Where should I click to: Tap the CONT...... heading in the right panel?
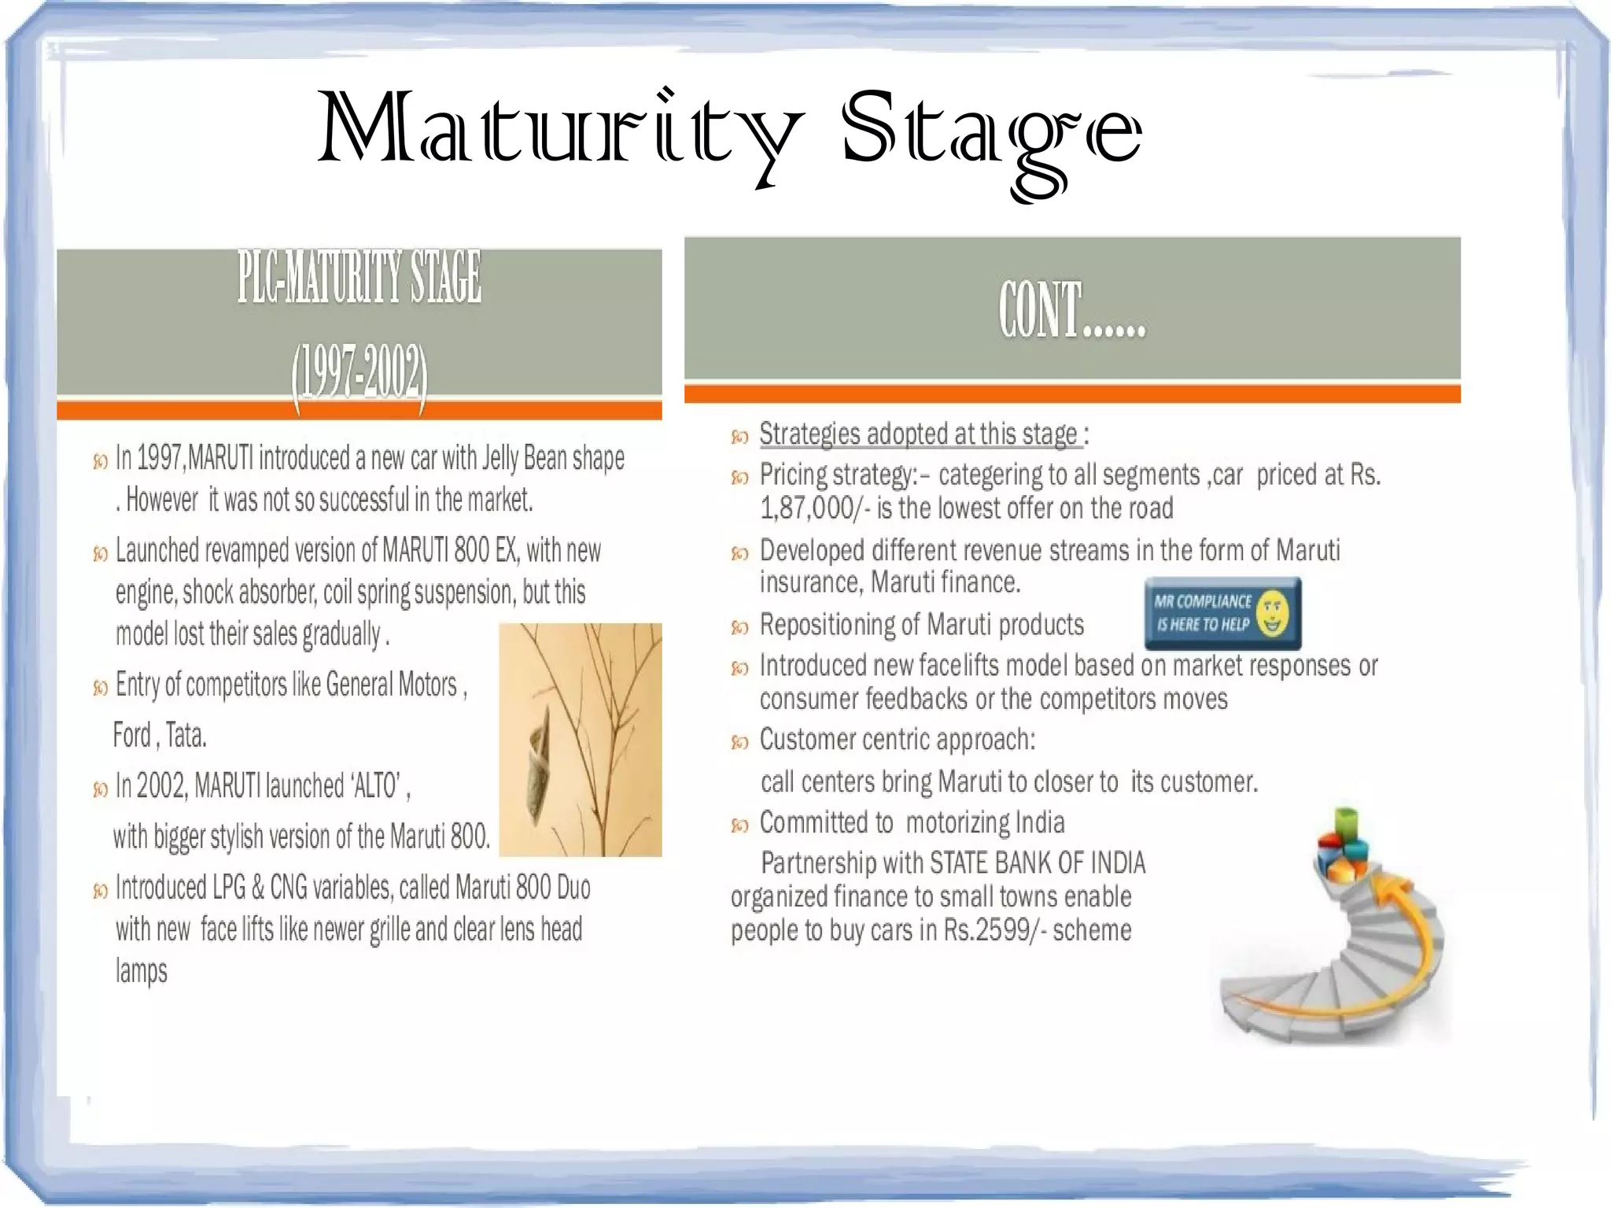click(1072, 311)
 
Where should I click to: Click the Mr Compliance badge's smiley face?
click(1272, 614)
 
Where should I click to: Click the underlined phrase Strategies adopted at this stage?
click(918, 434)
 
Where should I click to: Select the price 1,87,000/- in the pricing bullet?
click(815, 509)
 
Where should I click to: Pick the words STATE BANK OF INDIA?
click(1037, 863)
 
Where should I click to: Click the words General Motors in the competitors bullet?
click(391, 685)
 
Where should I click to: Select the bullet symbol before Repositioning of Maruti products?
click(739, 627)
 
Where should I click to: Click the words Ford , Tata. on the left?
click(160, 736)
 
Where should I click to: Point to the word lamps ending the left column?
click(142, 971)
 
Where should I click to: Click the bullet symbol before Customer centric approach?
click(739, 742)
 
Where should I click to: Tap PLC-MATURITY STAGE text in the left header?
click(359, 278)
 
